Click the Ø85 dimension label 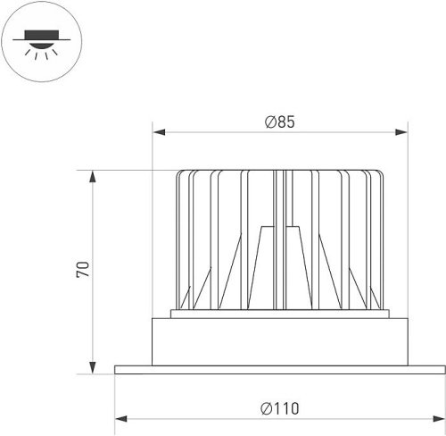pos(280,122)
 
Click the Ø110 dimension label pos(280,408)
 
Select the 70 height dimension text pos(83,270)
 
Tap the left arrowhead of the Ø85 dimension pos(159,132)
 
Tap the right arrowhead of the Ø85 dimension pos(401,132)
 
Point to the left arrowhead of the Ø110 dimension pos(121,419)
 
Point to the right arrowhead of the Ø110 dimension pos(439,419)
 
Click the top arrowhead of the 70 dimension pos(93,177)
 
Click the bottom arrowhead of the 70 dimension pos(93,367)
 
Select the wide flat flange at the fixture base pos(280,370)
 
